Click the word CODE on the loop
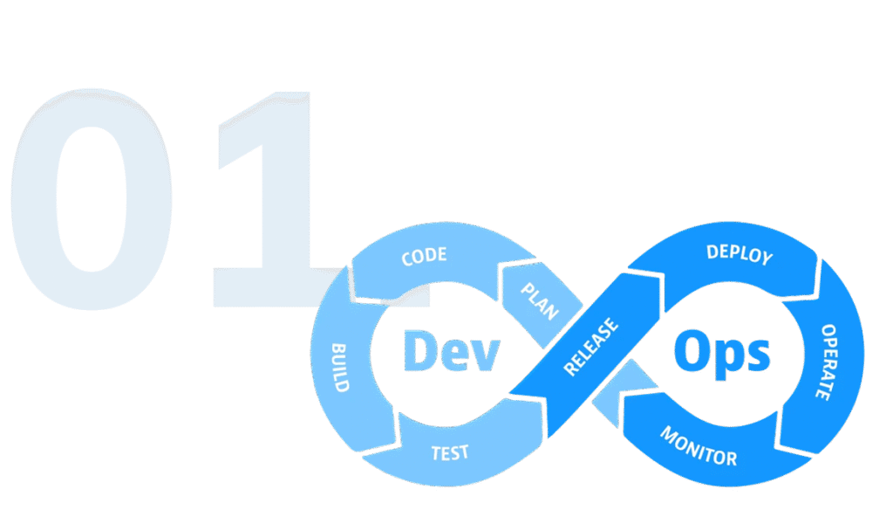click(x=424, y=257)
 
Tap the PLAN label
click(x=539, y=301)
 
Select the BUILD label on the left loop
click(x=340, y=367)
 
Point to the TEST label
click(x=450, y=452)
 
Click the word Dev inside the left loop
click(x=451, y=353)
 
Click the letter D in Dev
click(x=419, y=352)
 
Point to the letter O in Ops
click(x=692, y=352)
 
